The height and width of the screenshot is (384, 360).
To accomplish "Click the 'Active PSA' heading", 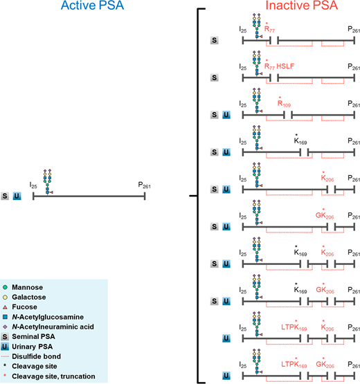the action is tap(92, 6).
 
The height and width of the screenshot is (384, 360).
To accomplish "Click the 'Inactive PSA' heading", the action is tap(302, 6).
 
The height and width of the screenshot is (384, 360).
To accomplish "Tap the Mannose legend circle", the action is tap(5, 287).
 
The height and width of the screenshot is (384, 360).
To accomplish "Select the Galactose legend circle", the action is tap(5, 297).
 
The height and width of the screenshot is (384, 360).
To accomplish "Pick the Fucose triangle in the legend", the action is tap(5, 307).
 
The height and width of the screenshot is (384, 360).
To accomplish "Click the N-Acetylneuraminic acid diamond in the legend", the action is tap(5, 327).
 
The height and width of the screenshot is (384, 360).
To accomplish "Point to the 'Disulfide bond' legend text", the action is tap(36, 356).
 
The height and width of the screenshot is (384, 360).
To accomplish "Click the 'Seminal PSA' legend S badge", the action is tap(5, 337).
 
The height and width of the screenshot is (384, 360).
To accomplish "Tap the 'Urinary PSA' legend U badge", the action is tap(5, 347).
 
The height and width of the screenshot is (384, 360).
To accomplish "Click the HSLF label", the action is tap(285, 66).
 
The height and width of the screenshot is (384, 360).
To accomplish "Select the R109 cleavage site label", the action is tap(284, 103).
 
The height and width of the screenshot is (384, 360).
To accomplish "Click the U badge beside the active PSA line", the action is tap(17, 196).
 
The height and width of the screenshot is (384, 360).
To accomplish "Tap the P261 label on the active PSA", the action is tap(144, 185).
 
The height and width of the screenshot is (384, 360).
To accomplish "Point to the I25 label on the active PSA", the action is tap(33, 185).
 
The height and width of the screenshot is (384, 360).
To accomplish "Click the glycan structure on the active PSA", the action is tap(48, 182).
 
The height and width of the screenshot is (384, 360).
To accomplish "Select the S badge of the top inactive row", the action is tap(215, 40).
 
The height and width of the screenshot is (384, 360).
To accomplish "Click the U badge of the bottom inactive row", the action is tap(226, 376).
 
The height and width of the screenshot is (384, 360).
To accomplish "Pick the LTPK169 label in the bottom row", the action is tap(294, 364).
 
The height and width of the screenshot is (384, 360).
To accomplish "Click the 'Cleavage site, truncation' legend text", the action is tap(53, 376).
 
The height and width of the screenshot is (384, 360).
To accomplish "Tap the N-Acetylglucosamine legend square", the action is tap(5, 317).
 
